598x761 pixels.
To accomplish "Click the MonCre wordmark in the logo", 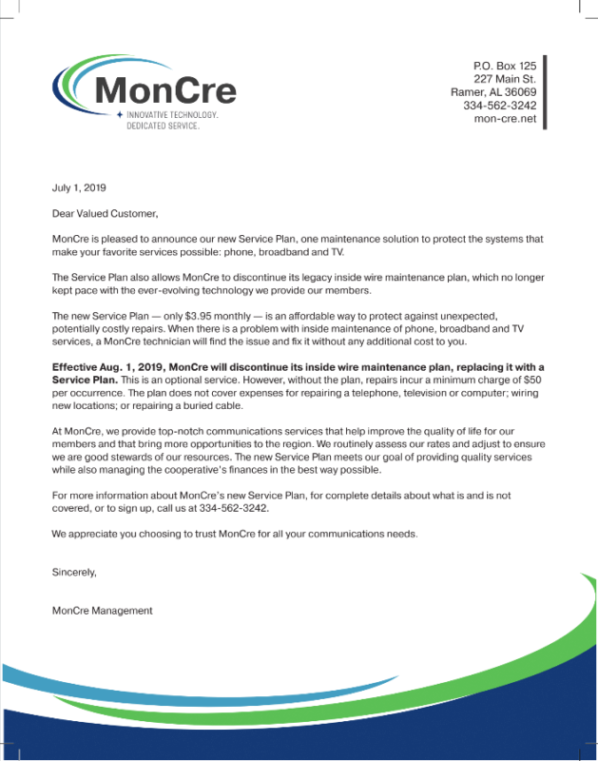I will [165, 88].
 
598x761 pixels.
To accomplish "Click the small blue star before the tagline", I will [119, 114].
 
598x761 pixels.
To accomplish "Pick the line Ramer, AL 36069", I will [493, 91].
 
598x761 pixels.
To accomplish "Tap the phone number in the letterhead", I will [500, 106].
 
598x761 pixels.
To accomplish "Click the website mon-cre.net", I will [505, 119].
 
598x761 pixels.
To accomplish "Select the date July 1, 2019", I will [78, 188].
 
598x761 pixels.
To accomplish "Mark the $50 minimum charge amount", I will [535, 379].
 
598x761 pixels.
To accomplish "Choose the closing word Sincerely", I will [74, 573].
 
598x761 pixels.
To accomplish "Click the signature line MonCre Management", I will [102, 611].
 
